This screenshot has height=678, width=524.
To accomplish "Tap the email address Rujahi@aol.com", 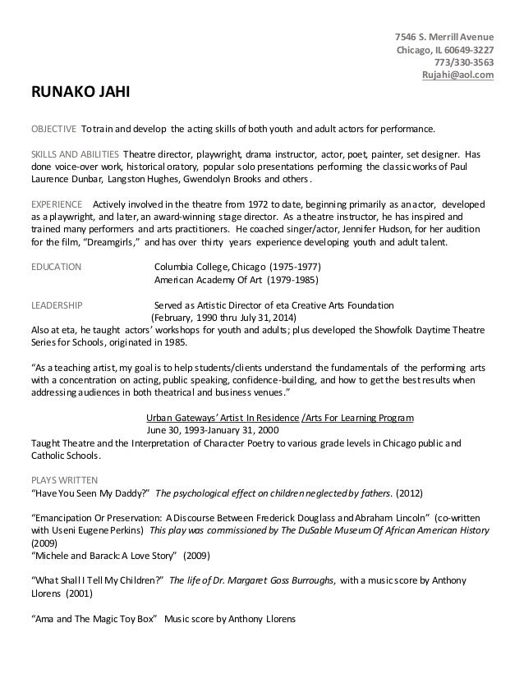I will pyautogui.click(x=457, y=76).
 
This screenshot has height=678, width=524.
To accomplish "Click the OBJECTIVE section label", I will pyautogui.click(x=53, y=130).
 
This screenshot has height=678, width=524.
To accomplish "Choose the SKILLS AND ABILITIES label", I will pyautogui.click(x=75, y=154).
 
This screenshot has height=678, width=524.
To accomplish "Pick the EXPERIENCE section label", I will pyautogui.click(x=56, y=204).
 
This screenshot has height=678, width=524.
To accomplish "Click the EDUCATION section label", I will pyautogui.click(x=56, y=267).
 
